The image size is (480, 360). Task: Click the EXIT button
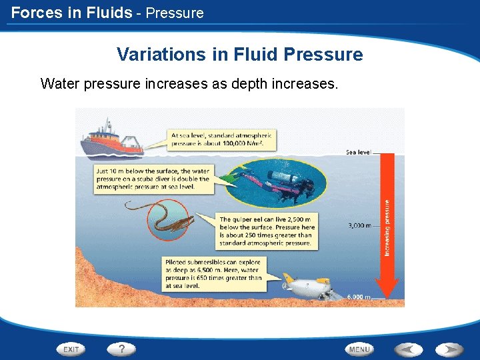pyautogui.click(x=72, y=349)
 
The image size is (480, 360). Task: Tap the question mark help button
pyautogui.click(x=121, y=349)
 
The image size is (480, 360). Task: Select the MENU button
pyautogui.click(x=359, y=349)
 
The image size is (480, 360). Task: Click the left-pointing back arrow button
pyautogui.click(x=409, y=349)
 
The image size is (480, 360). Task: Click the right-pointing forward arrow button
pyautogui.click(x=449, y=349)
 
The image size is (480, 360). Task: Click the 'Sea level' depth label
pyautogui.click(x=359, y=153)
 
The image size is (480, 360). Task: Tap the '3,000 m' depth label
pyautogui.click(x=360, y=225)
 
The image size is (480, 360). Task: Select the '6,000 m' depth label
pyautogui.click(x=359, y=297)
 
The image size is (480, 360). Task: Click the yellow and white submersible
pyautogui.click(x=307, y=285)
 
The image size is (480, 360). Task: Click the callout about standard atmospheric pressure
pyautogui.click(x=220, y=139)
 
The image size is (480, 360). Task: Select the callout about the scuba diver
pyautogui.click(x=153, y=179)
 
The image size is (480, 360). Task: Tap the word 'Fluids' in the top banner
pyautogui.click(x=108, y=12)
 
